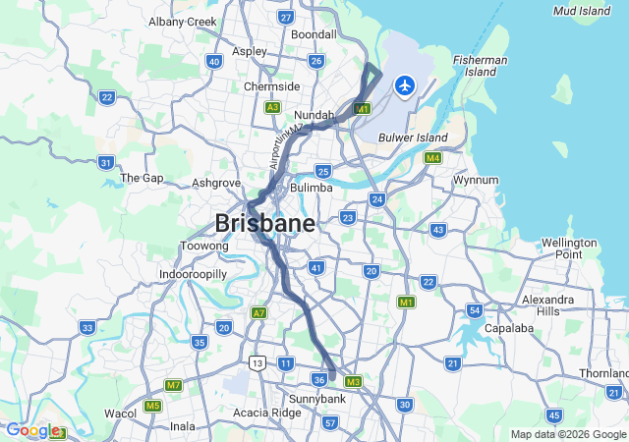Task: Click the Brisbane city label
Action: pos(264,222)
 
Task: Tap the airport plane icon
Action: pos(404,85)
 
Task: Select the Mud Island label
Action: pos(581,11)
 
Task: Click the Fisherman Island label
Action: pos(481,66)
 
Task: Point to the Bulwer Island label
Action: pos(413,138)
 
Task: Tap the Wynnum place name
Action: pos(476,181)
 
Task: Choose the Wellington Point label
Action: pos(569,248)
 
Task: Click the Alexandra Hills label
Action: pos(548,304)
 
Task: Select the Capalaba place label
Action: pos(508,328)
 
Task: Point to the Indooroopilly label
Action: pos(194,274)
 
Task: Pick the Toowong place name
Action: pos(205,246)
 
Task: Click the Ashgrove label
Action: pos(216,183)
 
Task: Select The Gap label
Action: pos(141,178)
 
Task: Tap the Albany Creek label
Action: pos(182,21)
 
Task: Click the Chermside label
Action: pos(271,86)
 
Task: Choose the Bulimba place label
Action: pos(312,187)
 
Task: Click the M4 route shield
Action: pos(432,157)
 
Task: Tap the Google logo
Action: pos(31,430)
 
